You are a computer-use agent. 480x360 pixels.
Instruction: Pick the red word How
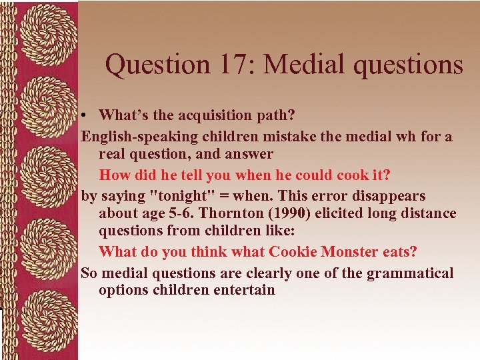tap(115, 175)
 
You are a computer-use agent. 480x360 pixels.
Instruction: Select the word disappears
tap(389, 196)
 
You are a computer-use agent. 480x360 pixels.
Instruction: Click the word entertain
tap(244, 290)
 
